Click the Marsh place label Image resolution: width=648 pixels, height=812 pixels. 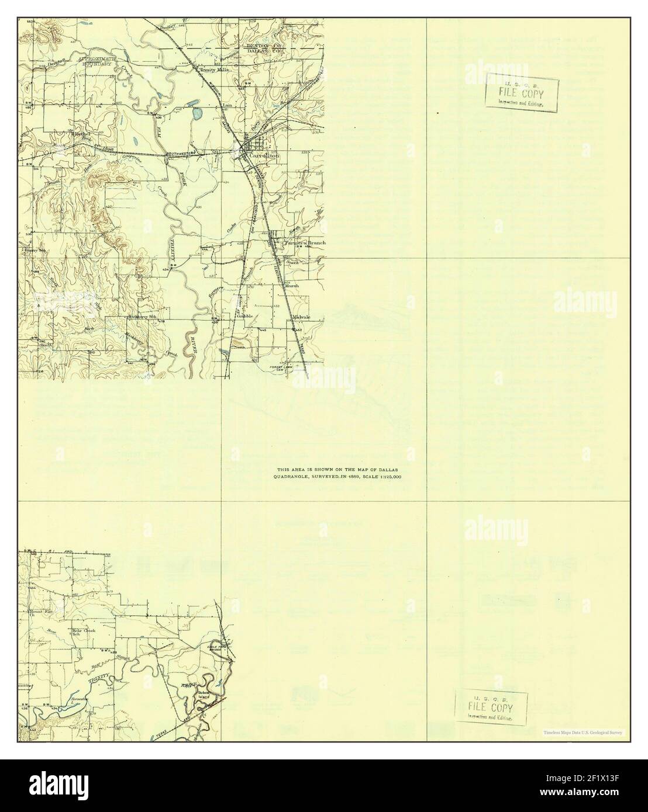[x=292, y=286]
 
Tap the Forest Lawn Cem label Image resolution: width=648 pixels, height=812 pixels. [x=284, y=368]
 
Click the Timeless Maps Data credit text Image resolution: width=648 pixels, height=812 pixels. [x=583, y=732]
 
